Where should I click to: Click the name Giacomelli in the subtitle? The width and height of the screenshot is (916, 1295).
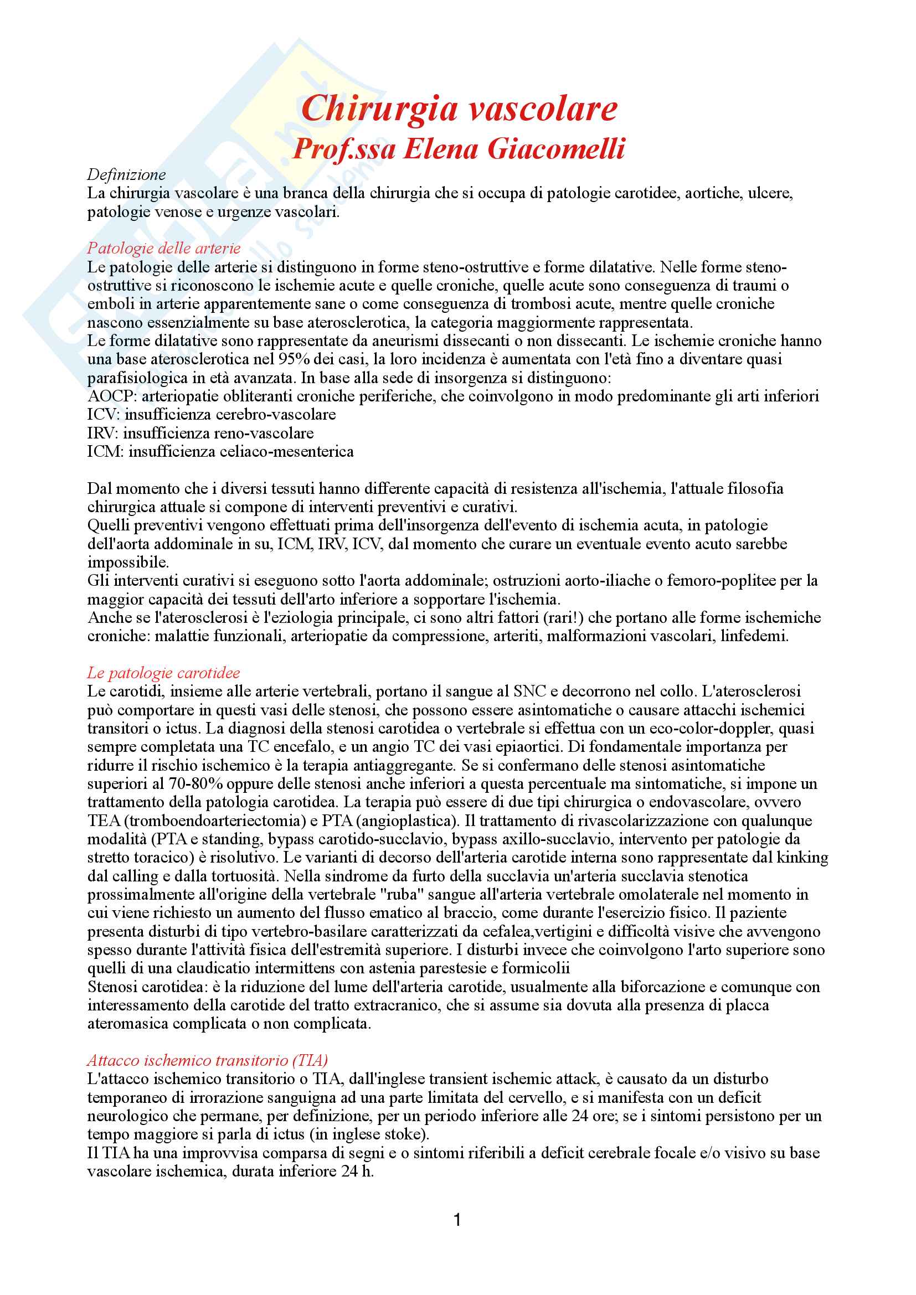pyautogui.click(x=556, y=149)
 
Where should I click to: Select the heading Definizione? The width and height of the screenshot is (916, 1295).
pyautogui.click(x=126, y=175)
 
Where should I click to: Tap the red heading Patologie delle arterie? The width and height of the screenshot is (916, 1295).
pyautogui.click(x=163, y=248)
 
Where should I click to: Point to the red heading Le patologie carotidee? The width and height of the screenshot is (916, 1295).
pyautogui.click(x=163, y=673)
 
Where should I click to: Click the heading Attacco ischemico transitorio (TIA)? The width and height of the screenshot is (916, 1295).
pyautogui.click(x=207, y=1060)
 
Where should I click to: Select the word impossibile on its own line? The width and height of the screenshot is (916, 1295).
pyautogui.click(x=127, y=563)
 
